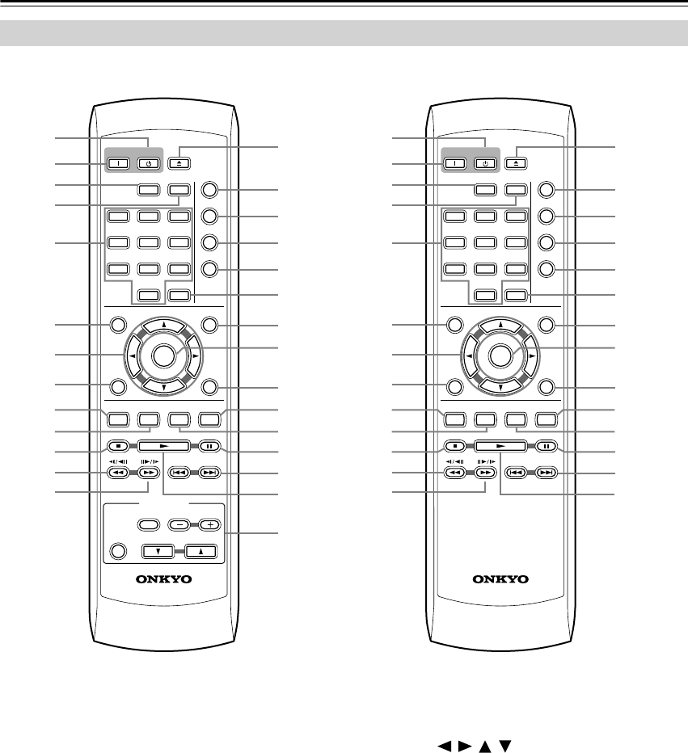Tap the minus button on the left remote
tap(179, 524)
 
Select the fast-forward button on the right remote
tap(484, 473)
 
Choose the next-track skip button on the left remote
tap(211, 473)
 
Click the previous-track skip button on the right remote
tap(517, 473)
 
